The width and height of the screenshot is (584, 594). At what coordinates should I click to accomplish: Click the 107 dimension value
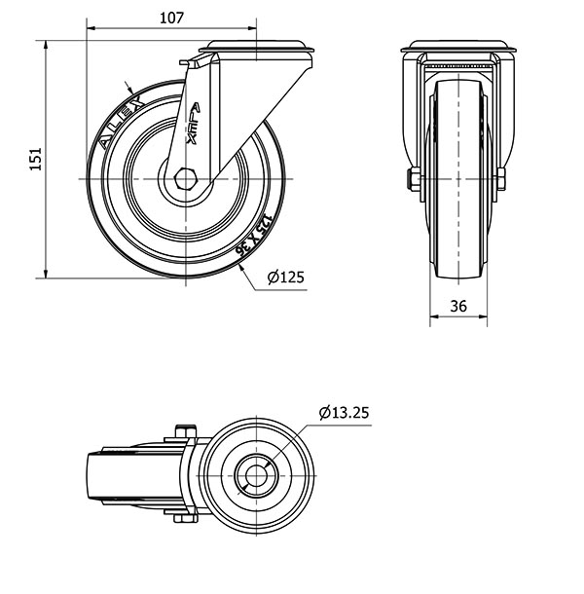(171, 18)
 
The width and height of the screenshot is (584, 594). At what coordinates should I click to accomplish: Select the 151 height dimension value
(36, 159)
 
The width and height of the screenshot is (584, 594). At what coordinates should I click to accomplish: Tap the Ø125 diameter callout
(285, 278)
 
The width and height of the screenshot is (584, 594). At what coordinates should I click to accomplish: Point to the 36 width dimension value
(458, 306)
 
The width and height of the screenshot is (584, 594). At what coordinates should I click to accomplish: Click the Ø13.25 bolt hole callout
(344, 412)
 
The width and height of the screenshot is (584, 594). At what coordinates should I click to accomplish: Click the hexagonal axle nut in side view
(185, 178)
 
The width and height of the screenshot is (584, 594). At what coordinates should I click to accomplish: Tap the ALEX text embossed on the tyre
(122, 123)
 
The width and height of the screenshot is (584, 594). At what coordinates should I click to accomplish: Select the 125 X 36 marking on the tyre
(254, 235)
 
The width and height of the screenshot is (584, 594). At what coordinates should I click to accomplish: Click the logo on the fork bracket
(194, 124)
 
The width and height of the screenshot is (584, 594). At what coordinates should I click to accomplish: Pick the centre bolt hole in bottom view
(256, 475)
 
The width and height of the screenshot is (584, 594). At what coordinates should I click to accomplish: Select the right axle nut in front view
(500, 179)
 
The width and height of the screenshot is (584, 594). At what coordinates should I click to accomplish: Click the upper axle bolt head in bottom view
(185, 431)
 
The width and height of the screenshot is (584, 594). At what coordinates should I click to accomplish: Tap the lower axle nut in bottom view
(185, 518)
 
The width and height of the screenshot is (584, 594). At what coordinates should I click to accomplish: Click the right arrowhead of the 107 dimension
(252, 28)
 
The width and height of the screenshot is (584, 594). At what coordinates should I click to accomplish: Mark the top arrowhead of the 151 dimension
(46, 45)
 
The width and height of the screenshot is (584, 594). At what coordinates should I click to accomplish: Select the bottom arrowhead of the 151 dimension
(46, 273)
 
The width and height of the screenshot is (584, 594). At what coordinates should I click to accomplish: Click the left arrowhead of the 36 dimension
(434, 316)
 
